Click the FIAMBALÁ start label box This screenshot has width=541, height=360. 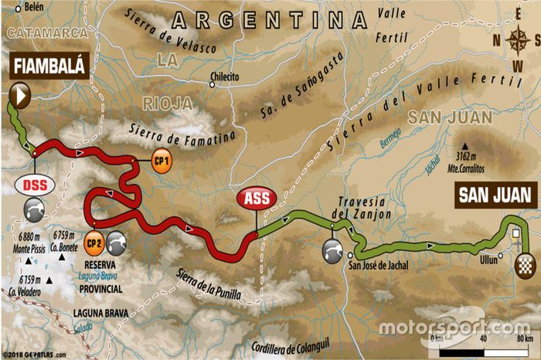pyautogui.click(x=48, y=67)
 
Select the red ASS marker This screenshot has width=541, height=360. pyautogui.click(x=257, y=199)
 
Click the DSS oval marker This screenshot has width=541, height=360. pyautogui.click(x=33, y=186)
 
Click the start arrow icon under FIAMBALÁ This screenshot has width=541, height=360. pyautogui.click(x=20, y=96)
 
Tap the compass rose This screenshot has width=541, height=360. pyautogui.click(x=516, y=39)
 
